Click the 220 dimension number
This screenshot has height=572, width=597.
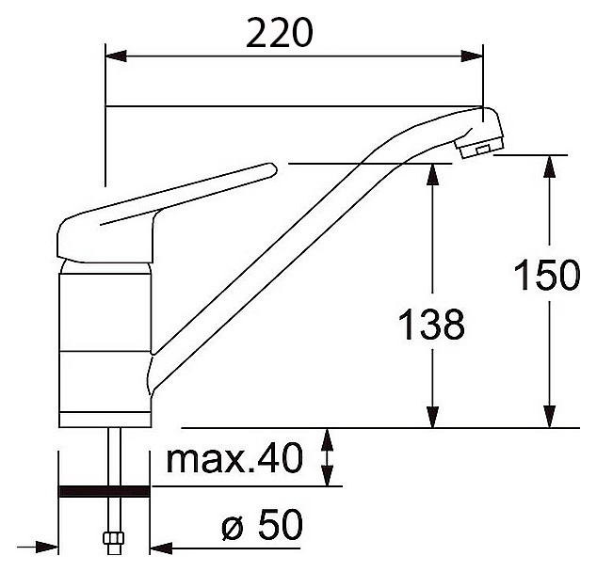[x=279, y=33]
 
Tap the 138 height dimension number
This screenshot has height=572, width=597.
[x=432, y=324]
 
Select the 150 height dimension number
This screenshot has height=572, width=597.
[x=547, y=275]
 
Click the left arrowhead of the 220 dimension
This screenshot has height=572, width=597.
[x=116, y=56]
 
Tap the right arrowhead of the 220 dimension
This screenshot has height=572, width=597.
[x=472, y=56]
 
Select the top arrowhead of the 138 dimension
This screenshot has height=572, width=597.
[x=432, y=174]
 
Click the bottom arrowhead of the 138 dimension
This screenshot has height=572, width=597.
[x=432, y=417]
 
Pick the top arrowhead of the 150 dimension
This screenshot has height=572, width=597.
[x=549, y=166]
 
